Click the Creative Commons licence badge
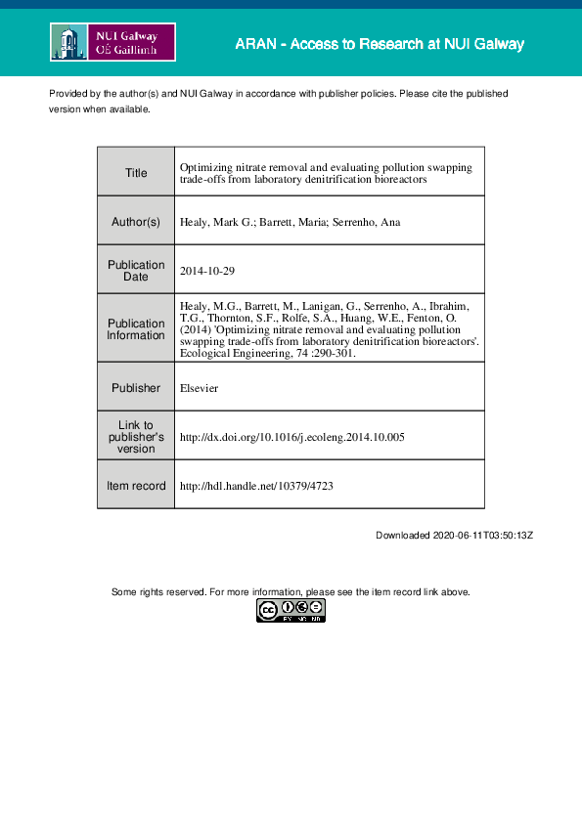[x=291, y=611]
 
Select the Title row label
[x=136, y=173]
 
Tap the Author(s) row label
[x=136, y=222]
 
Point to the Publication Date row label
[x=136, y=271]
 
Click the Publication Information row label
[x=136, y=329]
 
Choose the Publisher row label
[x=136, y=388]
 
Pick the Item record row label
[x=136, y=486]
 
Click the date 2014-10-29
[x=208, y=271]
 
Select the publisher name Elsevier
[x=199, y=388]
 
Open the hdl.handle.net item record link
[x=257, y=486]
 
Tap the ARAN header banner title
[x=379, y=44]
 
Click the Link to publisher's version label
[x=136, y=437]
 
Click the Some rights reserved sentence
[x=291, y=592]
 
